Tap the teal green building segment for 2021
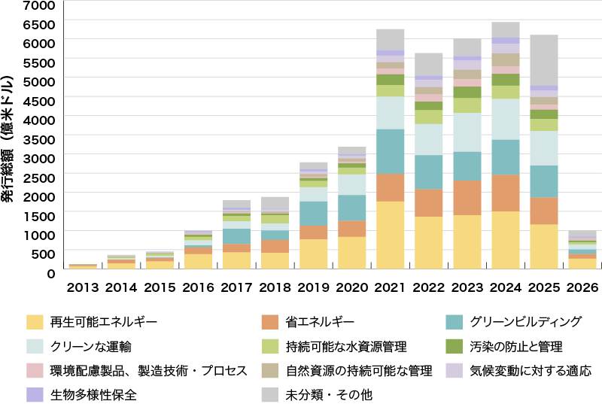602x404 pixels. tap(391, 151)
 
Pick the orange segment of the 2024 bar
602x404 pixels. tap(506, 193)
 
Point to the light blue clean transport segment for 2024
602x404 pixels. tap(506, 119)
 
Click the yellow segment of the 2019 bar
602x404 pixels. tap(314, 254)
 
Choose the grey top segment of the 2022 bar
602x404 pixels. tap(429, 64)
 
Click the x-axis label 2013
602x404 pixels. tap(83, 287)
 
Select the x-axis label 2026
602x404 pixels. tap(582, 287)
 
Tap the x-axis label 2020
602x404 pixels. tap(352, 287)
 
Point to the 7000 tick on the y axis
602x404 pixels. tap(41, 5)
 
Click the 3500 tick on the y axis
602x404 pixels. tap(41, 138)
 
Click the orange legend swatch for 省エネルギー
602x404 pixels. tap(270, 322)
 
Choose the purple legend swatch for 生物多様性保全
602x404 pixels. tap(35, 394)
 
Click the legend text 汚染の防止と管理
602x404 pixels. tap(515, 347)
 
